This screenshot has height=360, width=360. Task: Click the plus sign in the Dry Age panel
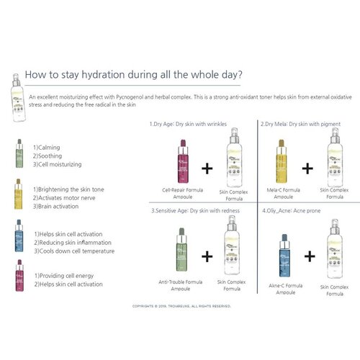click(207, 168)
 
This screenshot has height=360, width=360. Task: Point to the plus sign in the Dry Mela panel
click(308, 168)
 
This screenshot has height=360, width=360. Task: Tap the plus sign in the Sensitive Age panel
click(207, 256)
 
